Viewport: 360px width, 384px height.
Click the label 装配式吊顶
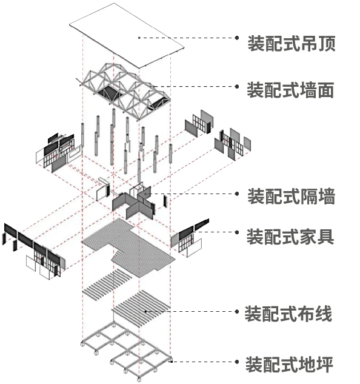[x=292, y=43]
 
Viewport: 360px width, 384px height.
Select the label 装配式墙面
[x=290, y=90]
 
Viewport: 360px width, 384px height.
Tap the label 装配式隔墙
[x=292, y=196]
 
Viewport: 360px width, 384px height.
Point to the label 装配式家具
[x=290, y=237]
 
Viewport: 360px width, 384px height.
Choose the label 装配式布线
[x=288, y=314]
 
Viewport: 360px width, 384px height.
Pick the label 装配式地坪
[x=289, y=365]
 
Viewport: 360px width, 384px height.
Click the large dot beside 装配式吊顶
[x=236, y=38]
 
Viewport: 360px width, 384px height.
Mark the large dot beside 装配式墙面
[x=236, y=87]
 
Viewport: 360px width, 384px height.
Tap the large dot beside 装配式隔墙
[x=236, y=194]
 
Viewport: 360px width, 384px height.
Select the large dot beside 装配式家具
[x=236, y=232]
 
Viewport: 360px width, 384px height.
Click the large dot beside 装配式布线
[x=236, y=312]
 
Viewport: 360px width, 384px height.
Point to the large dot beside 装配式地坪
[x=236, y=362]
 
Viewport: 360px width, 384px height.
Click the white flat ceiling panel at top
[x=127, y=36]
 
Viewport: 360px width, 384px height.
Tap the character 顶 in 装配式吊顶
[x=327, y=43]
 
